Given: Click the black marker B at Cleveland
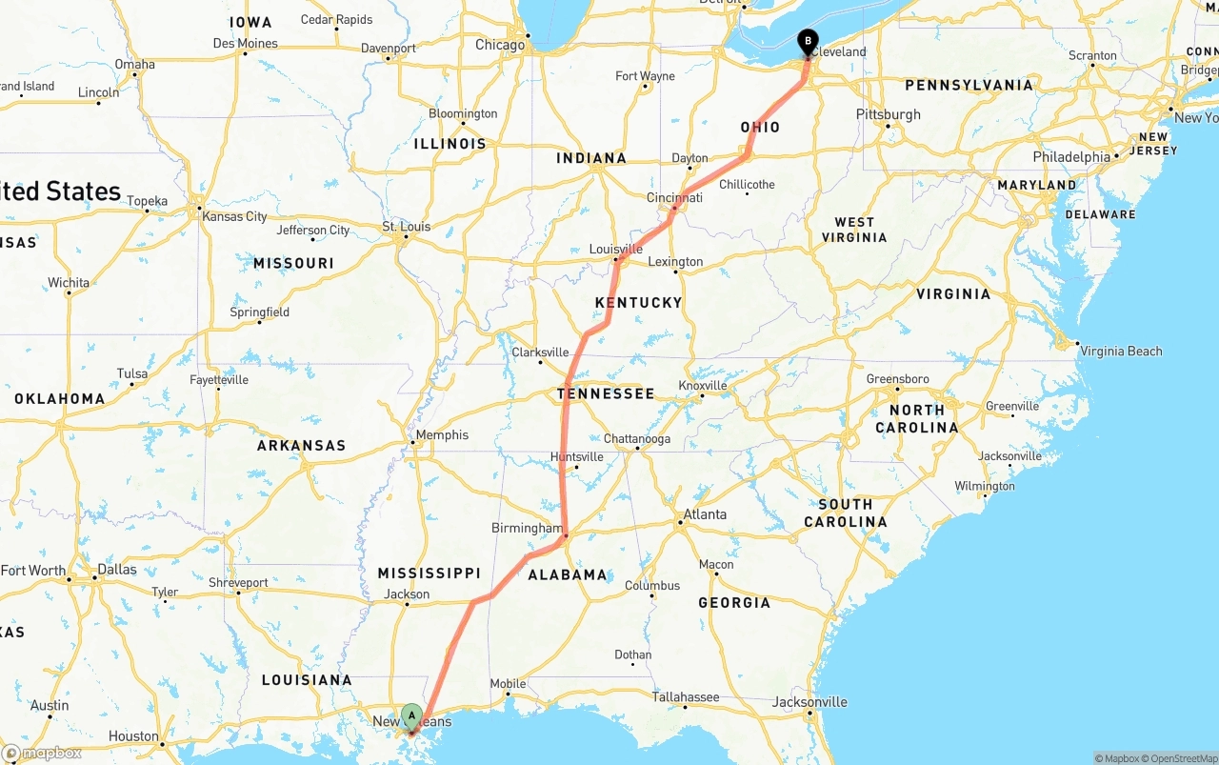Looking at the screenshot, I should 808,42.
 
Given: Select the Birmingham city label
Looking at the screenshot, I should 527,528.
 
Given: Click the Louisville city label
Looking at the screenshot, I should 616,250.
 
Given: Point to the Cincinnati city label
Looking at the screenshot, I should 674,197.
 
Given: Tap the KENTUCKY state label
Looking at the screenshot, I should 639,303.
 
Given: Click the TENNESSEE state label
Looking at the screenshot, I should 606,393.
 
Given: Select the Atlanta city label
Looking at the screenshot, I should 705,514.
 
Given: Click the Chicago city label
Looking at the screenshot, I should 500,45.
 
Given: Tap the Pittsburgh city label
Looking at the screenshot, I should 889,114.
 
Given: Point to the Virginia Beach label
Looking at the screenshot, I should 1121,352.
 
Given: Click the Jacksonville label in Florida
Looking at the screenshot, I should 809,702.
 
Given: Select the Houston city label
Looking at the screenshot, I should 133,736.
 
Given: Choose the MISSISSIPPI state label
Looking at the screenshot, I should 429,573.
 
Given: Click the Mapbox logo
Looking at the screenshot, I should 42,754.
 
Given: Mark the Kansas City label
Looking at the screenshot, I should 234,216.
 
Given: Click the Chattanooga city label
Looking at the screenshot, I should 637,439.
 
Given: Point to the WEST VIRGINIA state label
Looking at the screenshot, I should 854,230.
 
